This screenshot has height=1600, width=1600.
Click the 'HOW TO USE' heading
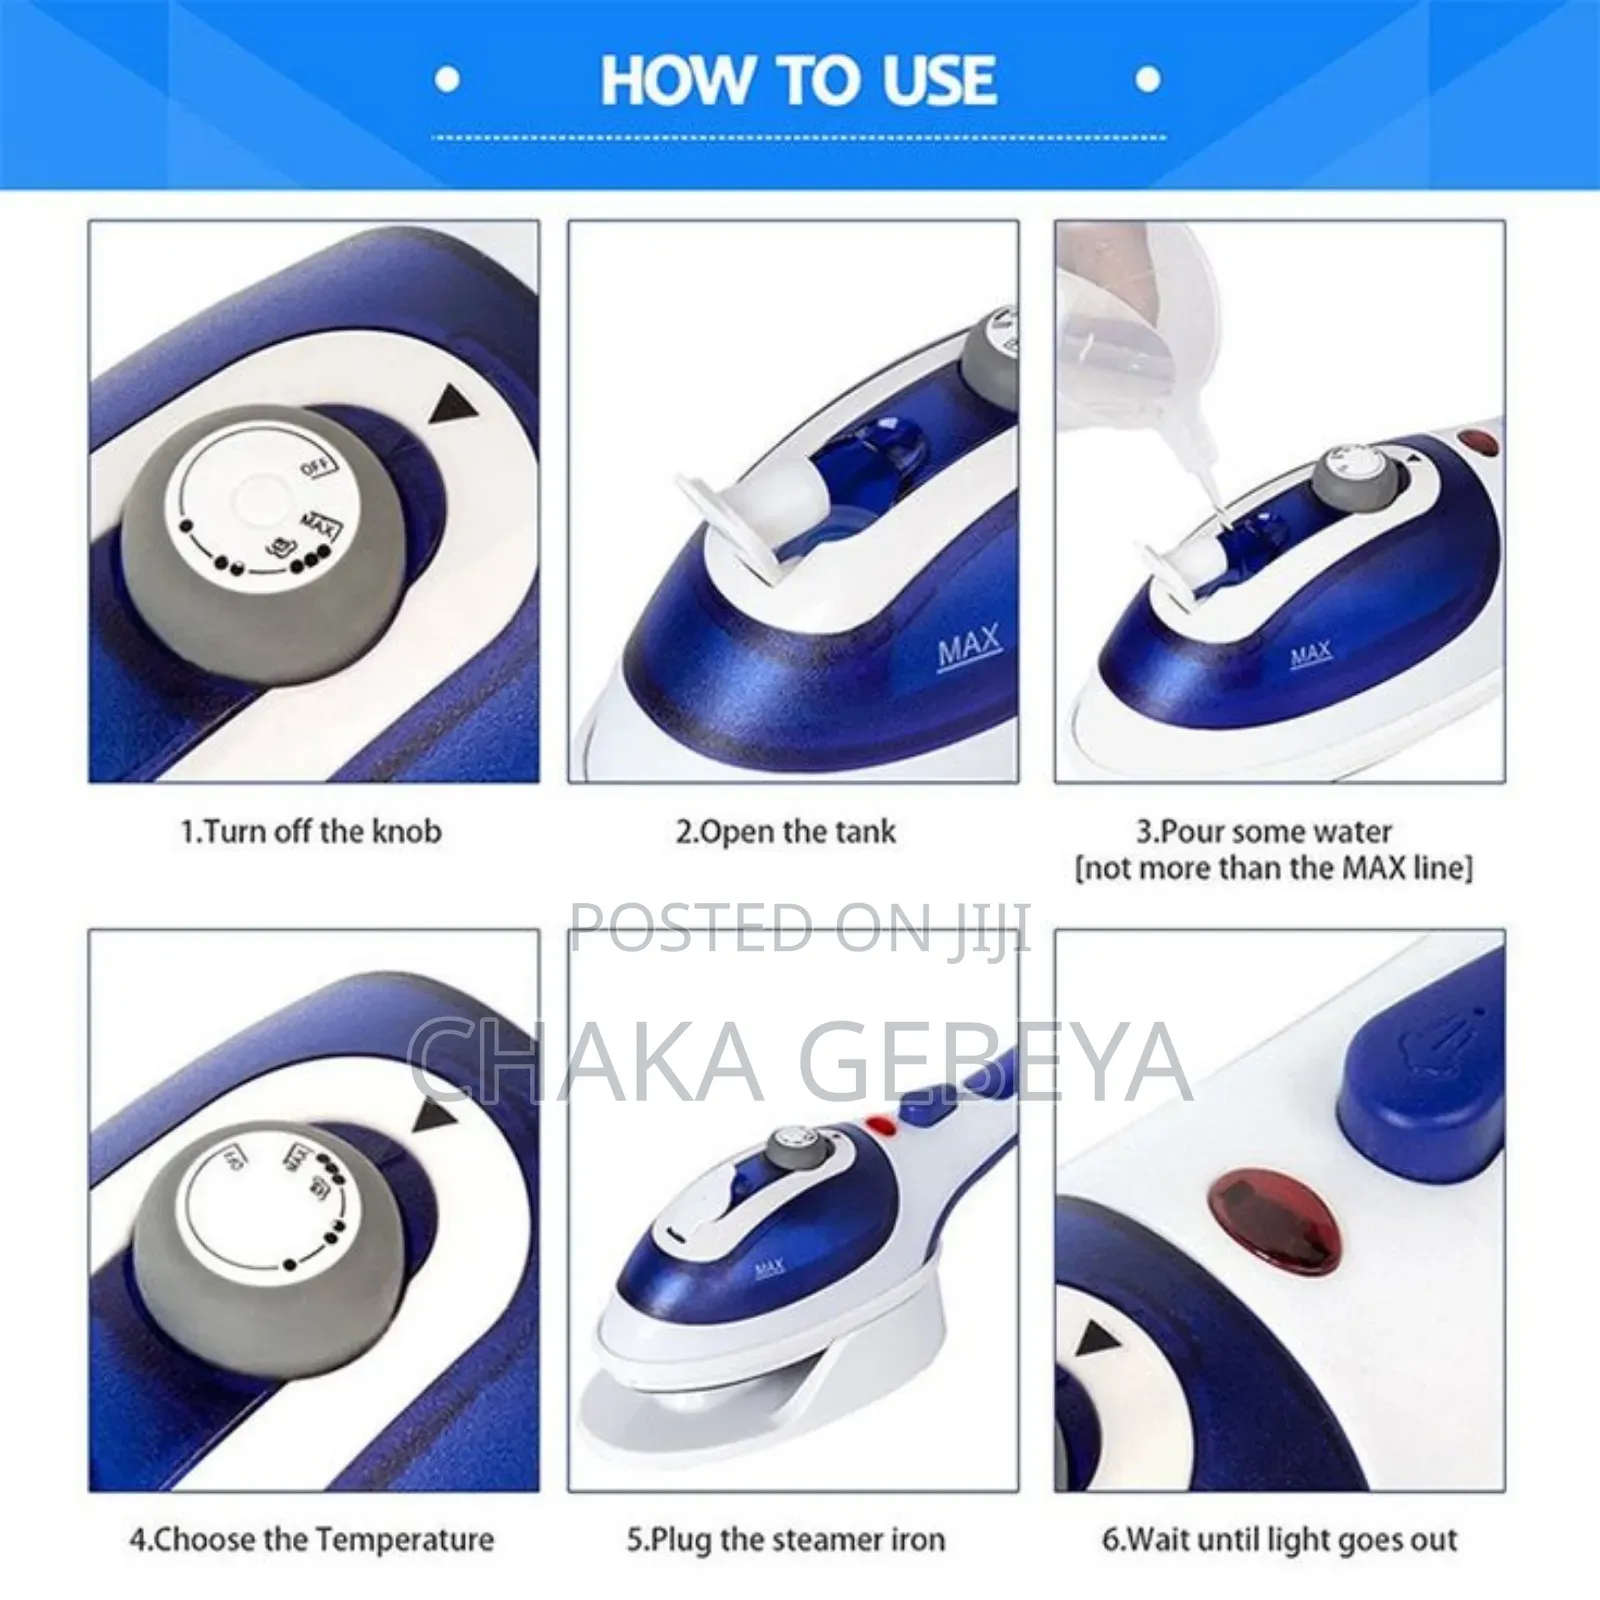click(798, 80)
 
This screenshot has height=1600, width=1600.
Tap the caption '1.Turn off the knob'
click(311, 832)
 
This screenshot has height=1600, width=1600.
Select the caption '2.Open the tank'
click(785, 832)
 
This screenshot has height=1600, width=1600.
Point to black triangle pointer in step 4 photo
click(435, 1116)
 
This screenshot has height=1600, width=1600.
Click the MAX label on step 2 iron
click(968, 648)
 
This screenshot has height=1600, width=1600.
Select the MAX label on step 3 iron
click(1310, 655)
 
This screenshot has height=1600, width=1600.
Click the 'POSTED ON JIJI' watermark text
click(798, 927)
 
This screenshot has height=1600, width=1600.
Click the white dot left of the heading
click(449, 80)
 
